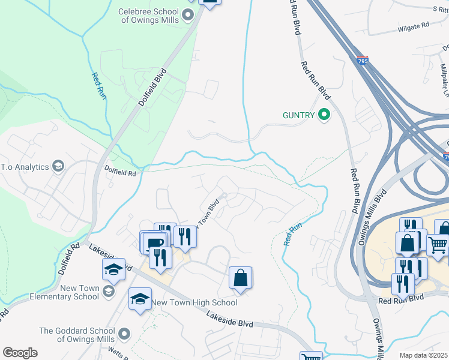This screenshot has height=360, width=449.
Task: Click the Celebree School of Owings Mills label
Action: click(x=148, y=16)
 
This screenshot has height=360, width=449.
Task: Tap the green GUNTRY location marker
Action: click(x=324, y=113)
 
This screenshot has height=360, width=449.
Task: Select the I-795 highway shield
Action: click(x=361, y=61)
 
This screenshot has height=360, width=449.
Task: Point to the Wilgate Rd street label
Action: click(x=413, y=26)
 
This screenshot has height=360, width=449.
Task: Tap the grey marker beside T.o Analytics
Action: click(x=58, y=166)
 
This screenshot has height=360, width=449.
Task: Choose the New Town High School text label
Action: click(x=194, y=302)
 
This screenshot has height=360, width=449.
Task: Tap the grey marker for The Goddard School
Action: click(x=124, y=333)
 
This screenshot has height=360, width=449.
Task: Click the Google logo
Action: click(x=19, y=353)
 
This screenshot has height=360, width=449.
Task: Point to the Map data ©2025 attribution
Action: click(x=423, y=355)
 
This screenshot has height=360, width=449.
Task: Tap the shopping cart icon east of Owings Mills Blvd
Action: click(x=438, y=244)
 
